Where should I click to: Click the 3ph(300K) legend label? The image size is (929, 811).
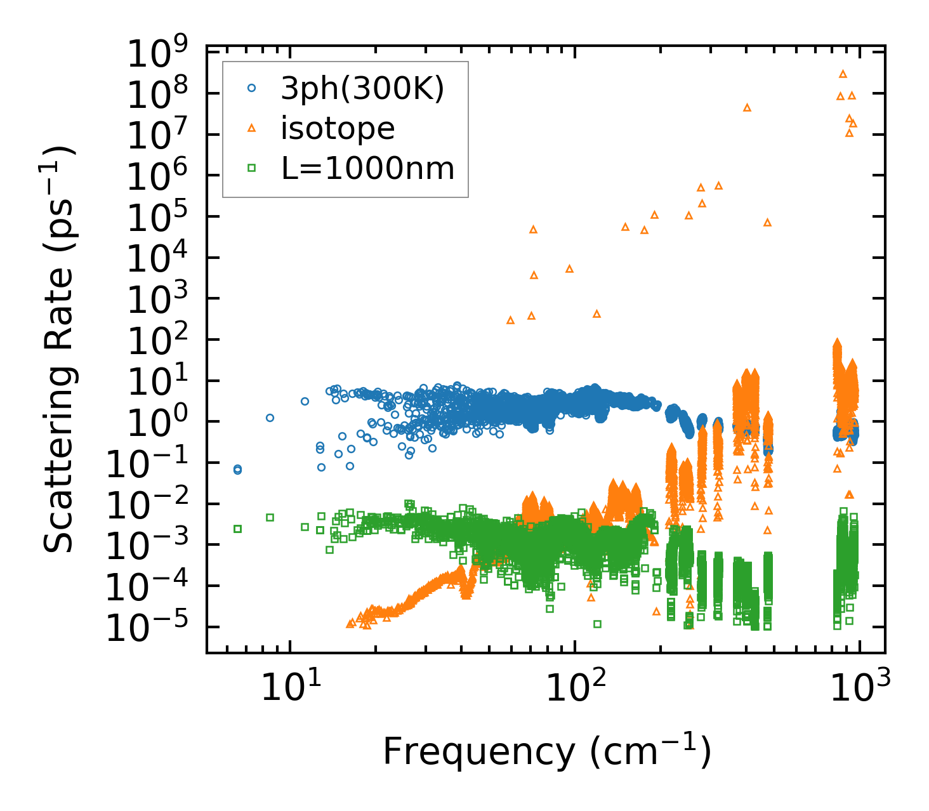[x=362, y=89]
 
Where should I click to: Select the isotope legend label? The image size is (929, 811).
[x=338, y=129]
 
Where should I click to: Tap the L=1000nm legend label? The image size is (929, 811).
[x=367, y=169]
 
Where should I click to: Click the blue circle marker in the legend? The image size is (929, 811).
[x=251, y=89]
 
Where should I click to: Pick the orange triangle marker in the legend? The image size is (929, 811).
[x=251, y=129]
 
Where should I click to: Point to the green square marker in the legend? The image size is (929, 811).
[x=251, y=168]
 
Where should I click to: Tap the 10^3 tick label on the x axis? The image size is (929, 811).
[x=859, y=687]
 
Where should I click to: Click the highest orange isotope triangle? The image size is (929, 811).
[x=843, y=74]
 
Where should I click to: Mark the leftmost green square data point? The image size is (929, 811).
[x=237, y=529]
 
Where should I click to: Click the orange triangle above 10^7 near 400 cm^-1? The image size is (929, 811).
[x=747, y=108]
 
